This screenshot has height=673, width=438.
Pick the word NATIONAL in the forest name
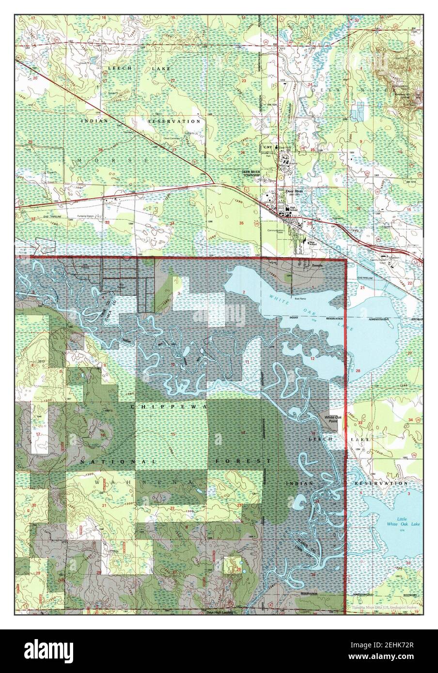118,462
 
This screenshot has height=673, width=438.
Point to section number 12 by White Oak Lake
313,358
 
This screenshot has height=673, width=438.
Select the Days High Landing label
220,612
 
